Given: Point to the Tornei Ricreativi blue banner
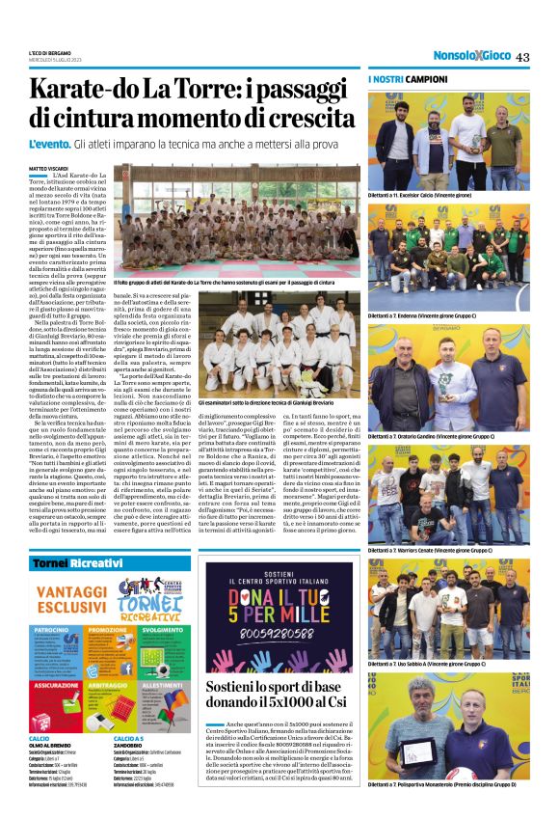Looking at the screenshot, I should [x=77, y=561].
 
